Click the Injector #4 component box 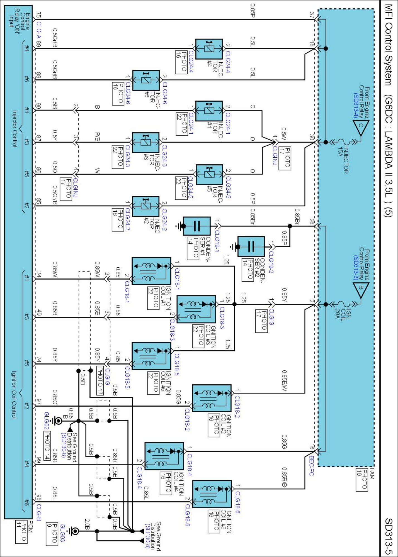[209, 49]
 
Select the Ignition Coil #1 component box [151, 271]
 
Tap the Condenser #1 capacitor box [196, 226]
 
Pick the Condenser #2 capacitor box [251, 246]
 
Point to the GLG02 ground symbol [58, 421]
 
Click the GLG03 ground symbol [74, 531]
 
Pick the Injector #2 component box [145, 206]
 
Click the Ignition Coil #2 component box [212, 398]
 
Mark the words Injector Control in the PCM [14, 128]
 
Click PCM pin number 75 [38, 15]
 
